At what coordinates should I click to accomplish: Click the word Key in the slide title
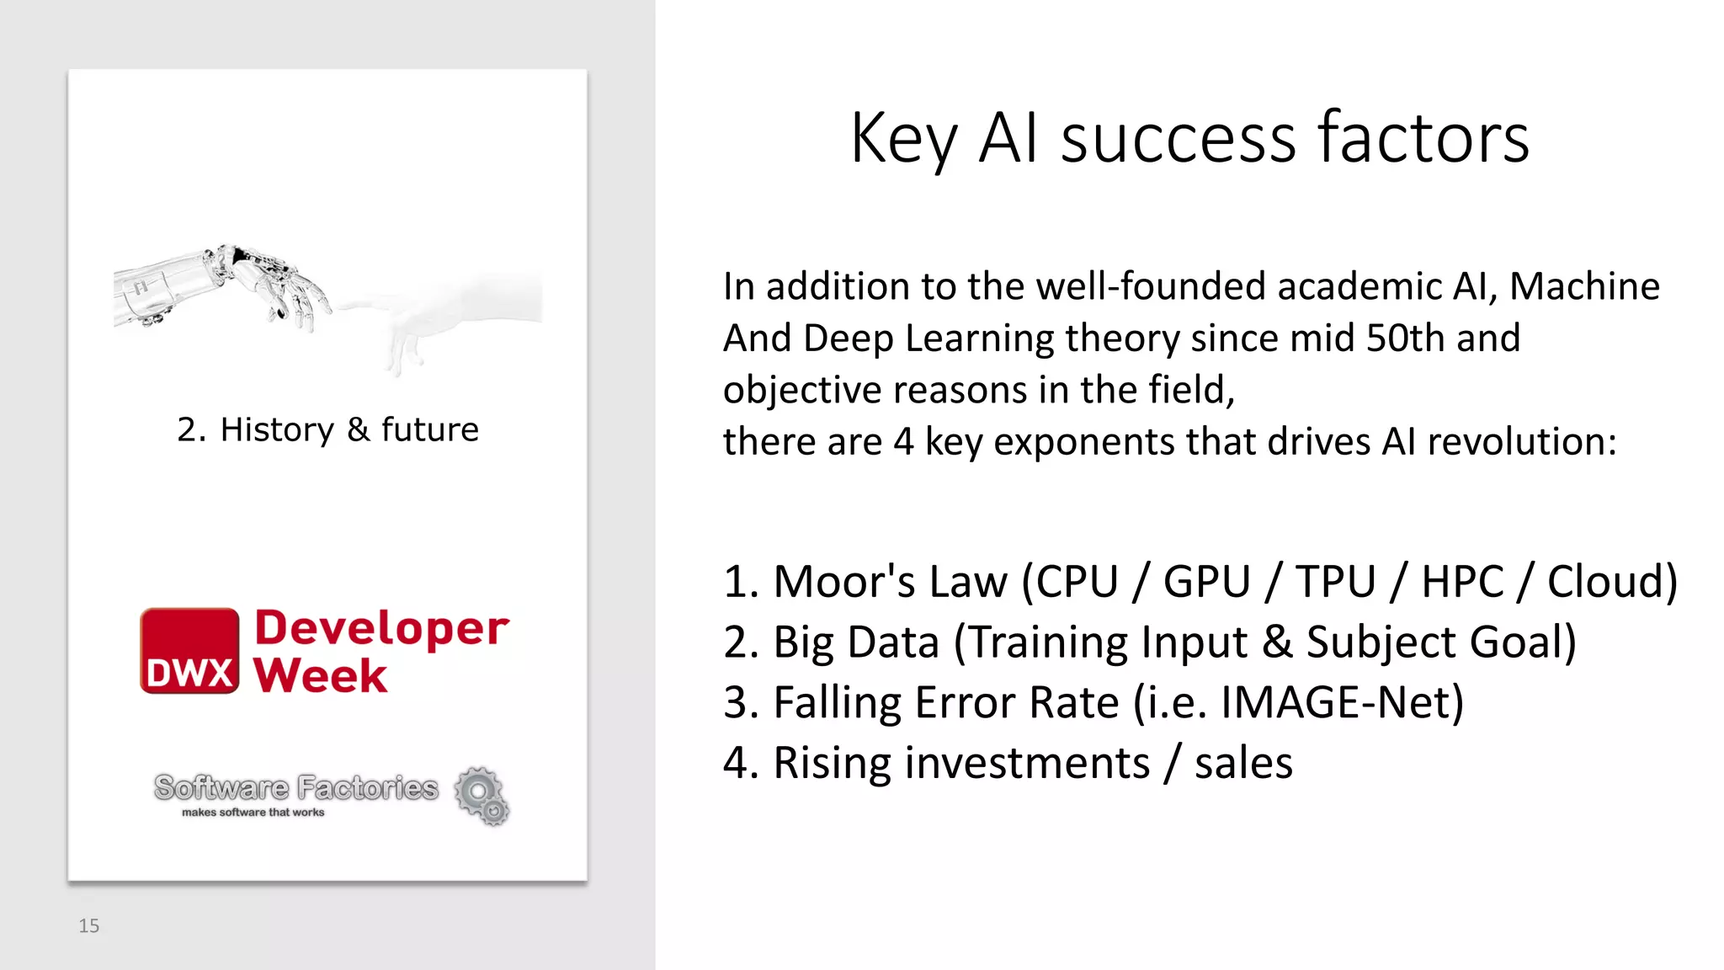(x=904, y=140)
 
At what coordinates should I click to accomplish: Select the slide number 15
(x=88, y=926)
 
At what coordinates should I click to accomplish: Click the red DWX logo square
(x=189, y=651)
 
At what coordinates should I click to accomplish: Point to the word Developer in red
(x=381, y=629)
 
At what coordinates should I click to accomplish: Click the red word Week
(x=321, y=676)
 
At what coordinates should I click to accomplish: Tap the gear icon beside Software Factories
(x=482, y=795)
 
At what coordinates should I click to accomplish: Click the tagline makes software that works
(x=253, y=813)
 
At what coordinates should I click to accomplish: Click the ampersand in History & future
(x=358, y=429)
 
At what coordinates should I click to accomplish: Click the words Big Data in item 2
(x=855, y=642)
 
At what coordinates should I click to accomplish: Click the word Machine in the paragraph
(x=1584, y=287)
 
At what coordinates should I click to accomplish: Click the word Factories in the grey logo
(x=368, y=788)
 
